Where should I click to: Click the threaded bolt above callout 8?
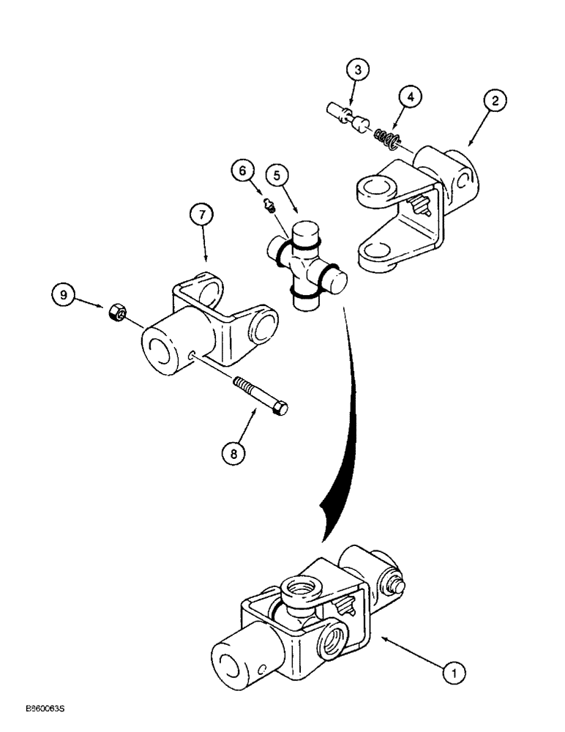259,395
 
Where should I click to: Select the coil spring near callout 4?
386,136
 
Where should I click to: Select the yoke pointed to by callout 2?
413,204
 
